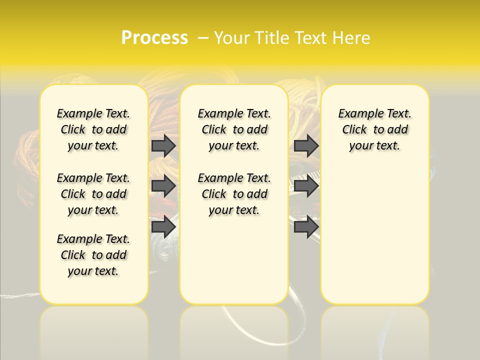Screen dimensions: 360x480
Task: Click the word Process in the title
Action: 154,37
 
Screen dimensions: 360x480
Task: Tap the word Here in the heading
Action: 351,38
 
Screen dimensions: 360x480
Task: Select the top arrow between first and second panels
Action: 163,145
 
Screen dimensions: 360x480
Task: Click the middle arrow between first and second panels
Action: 163,186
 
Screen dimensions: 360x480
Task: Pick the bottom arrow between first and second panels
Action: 163,227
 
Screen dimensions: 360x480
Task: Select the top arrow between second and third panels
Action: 306,145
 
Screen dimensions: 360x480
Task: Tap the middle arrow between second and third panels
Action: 306,186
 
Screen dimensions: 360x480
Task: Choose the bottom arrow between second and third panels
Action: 306,227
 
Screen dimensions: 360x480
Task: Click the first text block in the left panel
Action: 93,129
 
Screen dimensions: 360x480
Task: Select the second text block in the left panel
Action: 93,194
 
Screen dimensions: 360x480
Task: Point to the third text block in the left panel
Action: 93,255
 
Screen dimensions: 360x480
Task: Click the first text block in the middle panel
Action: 234,129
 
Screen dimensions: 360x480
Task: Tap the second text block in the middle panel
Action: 234,194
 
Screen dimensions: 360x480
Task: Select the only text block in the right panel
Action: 375,129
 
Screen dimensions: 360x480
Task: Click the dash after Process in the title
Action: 203,38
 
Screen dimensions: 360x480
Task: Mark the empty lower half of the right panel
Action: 375,240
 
